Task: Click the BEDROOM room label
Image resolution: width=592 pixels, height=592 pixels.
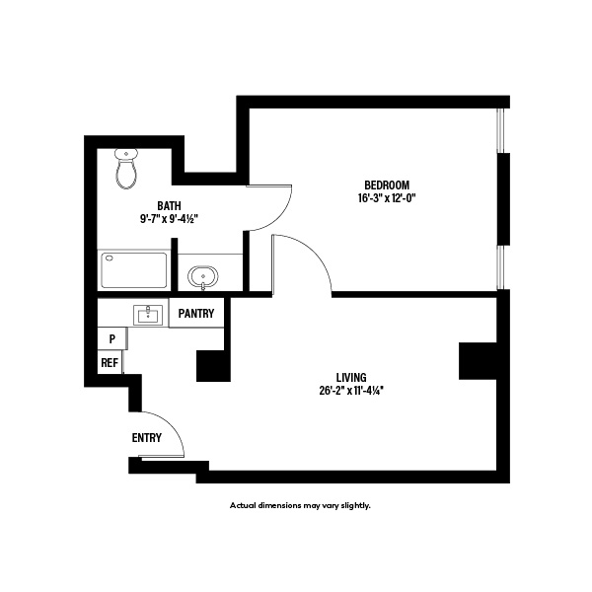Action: (x=386, y=185)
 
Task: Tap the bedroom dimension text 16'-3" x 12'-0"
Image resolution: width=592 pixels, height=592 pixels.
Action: (x=386, y=198)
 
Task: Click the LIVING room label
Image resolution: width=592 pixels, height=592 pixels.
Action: (x=351, y=377)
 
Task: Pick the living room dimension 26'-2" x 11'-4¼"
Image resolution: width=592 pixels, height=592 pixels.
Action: (x=351, y=391)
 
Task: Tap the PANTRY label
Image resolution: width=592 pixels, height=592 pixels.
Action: (x=198, y=314)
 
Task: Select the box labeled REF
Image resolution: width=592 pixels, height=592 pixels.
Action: (x=110, y=363)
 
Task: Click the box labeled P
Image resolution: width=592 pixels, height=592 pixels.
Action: (x=112, y=338)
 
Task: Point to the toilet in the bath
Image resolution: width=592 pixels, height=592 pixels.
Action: (x=125, y=169)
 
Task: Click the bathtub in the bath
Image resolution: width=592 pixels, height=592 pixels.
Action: (x=133, y=270)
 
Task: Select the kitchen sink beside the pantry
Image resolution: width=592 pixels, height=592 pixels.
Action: (x=149, y=315)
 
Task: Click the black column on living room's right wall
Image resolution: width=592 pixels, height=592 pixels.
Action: (x=478, y=361)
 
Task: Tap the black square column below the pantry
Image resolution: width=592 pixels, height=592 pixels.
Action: (x=213, y=365)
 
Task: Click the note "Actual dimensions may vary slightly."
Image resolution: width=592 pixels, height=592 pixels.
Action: (x=300, y=505)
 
